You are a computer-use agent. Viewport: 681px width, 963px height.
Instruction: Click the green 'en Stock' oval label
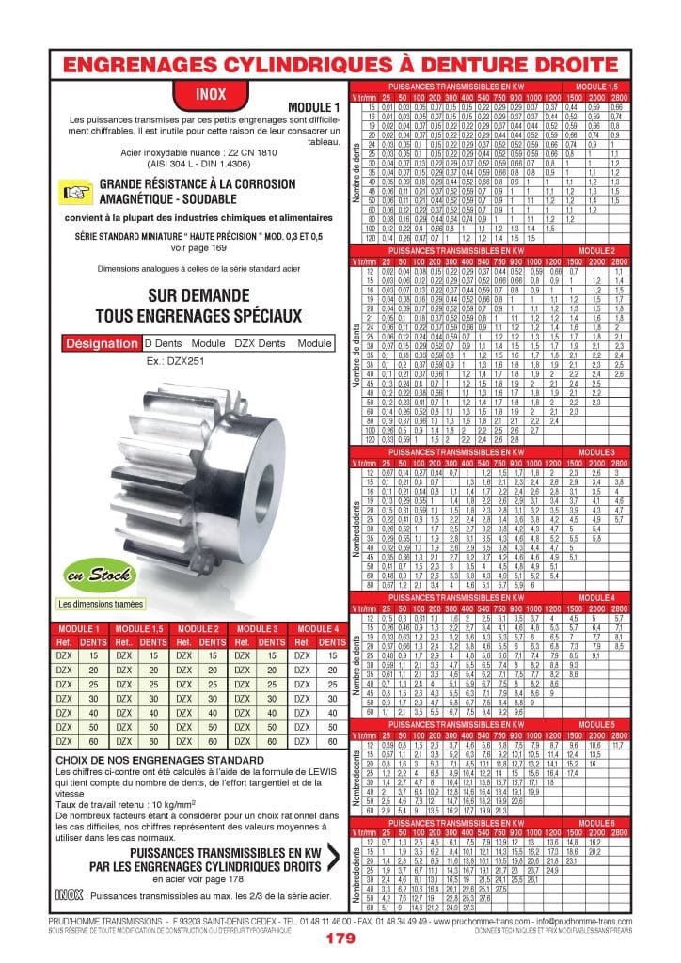87,575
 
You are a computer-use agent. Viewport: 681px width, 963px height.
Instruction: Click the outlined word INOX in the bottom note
69,894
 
